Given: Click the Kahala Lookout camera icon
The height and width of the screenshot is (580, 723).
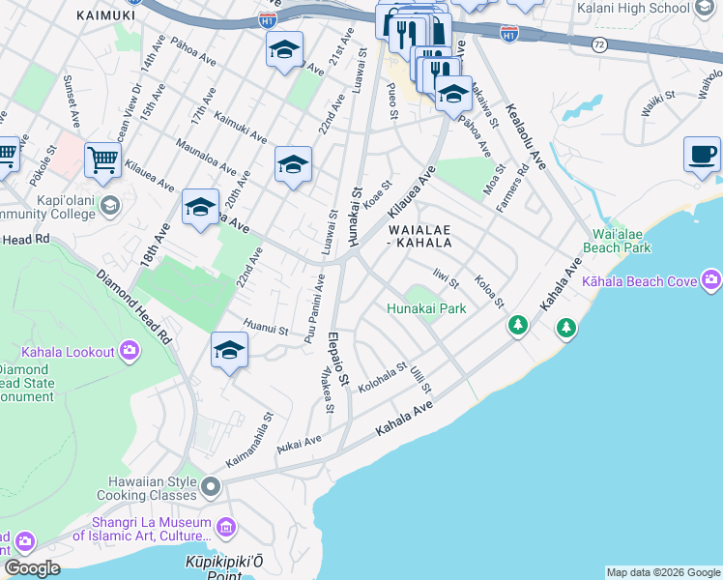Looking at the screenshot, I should tap(130, 351).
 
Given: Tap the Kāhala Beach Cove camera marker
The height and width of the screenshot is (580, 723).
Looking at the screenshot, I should tap(711, 281).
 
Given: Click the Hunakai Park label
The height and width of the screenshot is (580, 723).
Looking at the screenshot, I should tap(426, 309).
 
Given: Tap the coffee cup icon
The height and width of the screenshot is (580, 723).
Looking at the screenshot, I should tap(702, 154).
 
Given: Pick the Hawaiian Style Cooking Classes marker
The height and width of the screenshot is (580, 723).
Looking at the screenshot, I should tap(210, 484).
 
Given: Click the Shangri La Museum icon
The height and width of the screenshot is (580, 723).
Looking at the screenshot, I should tap(227, 528).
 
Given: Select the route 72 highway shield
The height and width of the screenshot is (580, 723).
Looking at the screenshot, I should tap(599, 44).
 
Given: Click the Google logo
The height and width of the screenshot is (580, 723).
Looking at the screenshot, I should tap(32, 568).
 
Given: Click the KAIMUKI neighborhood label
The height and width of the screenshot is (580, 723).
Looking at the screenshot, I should tap(105, 15).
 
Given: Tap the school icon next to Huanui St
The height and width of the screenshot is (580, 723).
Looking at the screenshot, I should tap(229, 350).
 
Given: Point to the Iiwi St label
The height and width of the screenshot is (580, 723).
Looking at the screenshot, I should tap(446, 279).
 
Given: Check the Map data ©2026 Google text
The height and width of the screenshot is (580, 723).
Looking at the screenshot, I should tap(662, 572).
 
